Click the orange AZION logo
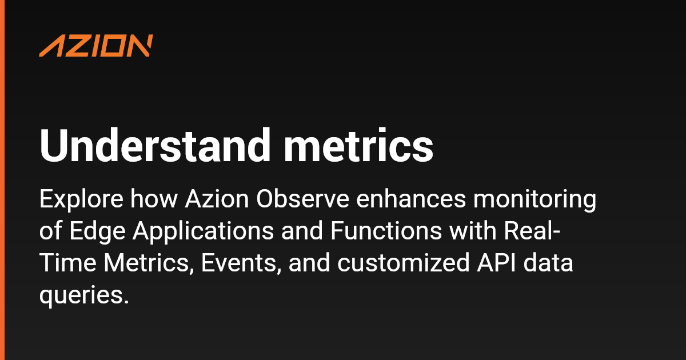coord(96,46)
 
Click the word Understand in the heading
coord(155,145)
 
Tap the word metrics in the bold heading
coord(358,145)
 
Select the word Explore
coord(81,199)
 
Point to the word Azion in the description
coord(217,199)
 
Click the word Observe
coord(302,199)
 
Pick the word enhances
coord(411,199)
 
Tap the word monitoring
coord(535,199)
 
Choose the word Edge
coord(97,231)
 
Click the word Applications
coord(204,231)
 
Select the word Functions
coord(386,231)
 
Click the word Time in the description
coord(67,263)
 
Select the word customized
coord(404,263)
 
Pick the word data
coord(548,263)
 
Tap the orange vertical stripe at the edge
coord(2,180)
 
